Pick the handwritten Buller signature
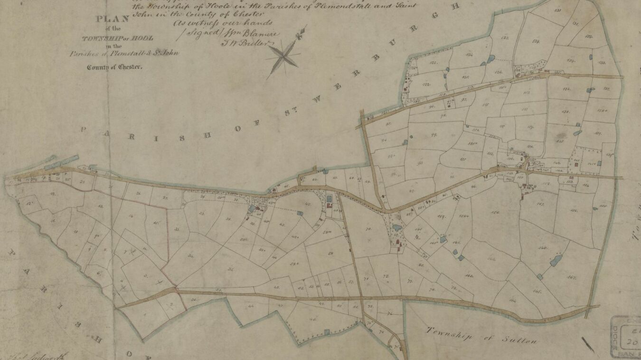pyautogui.click(x=255, y=43)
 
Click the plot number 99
pyautogui.click(x=434, y=135)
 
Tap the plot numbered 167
pyautogui.click(x=572, y=277)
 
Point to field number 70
pyautogui.click(x=368, y=229)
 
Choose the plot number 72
pyautogui.click(x=385, y=276)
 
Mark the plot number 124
pyautogui.click(x=470, y=56)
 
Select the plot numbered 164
pyautogui.click(x=512, y=301)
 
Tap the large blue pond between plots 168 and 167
pyautogui.click(x=556, y=260)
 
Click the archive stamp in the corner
pyautogui.click(x=625, y=336)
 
